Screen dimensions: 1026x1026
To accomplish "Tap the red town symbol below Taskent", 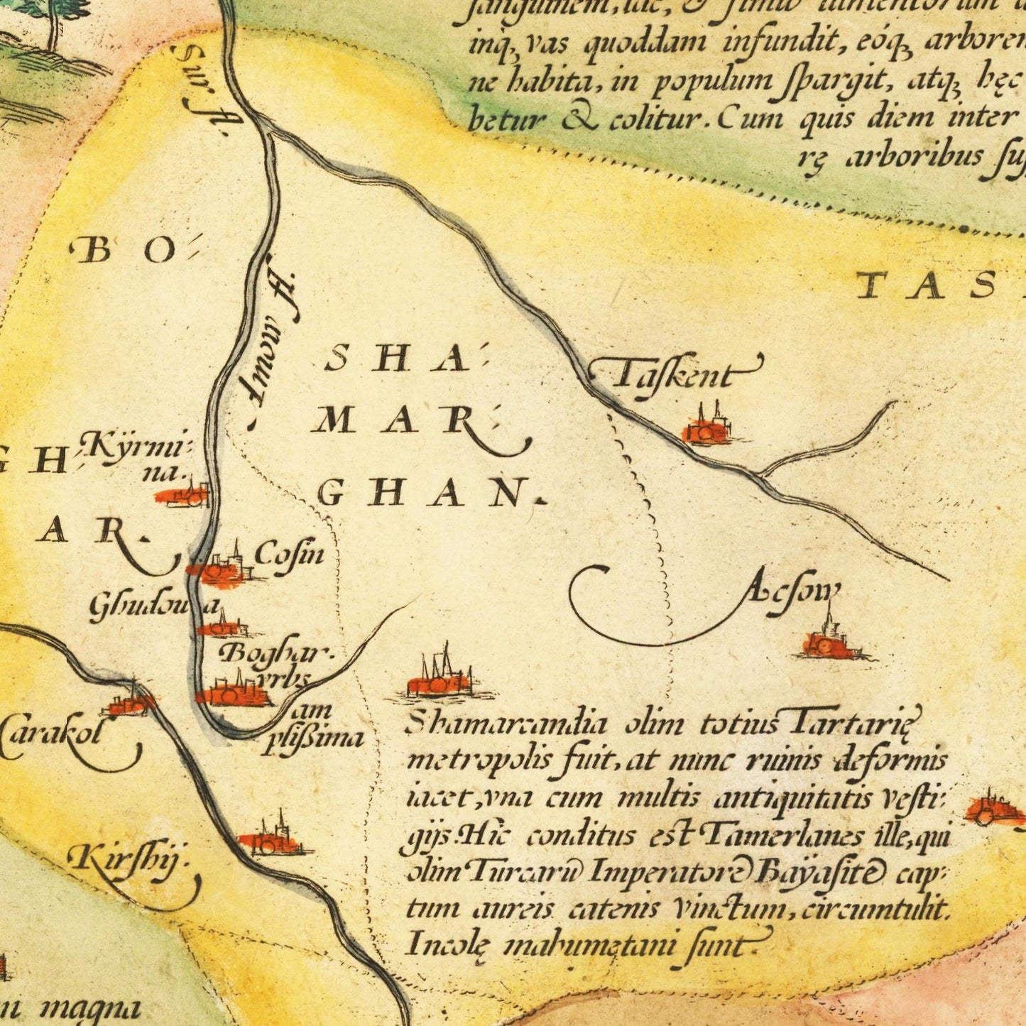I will click(706, 429).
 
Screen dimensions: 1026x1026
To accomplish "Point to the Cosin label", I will click(288, 553).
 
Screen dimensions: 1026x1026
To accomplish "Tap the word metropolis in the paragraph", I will click(476, 761).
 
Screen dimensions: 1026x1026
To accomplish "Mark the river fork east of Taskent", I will click(760, 474).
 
